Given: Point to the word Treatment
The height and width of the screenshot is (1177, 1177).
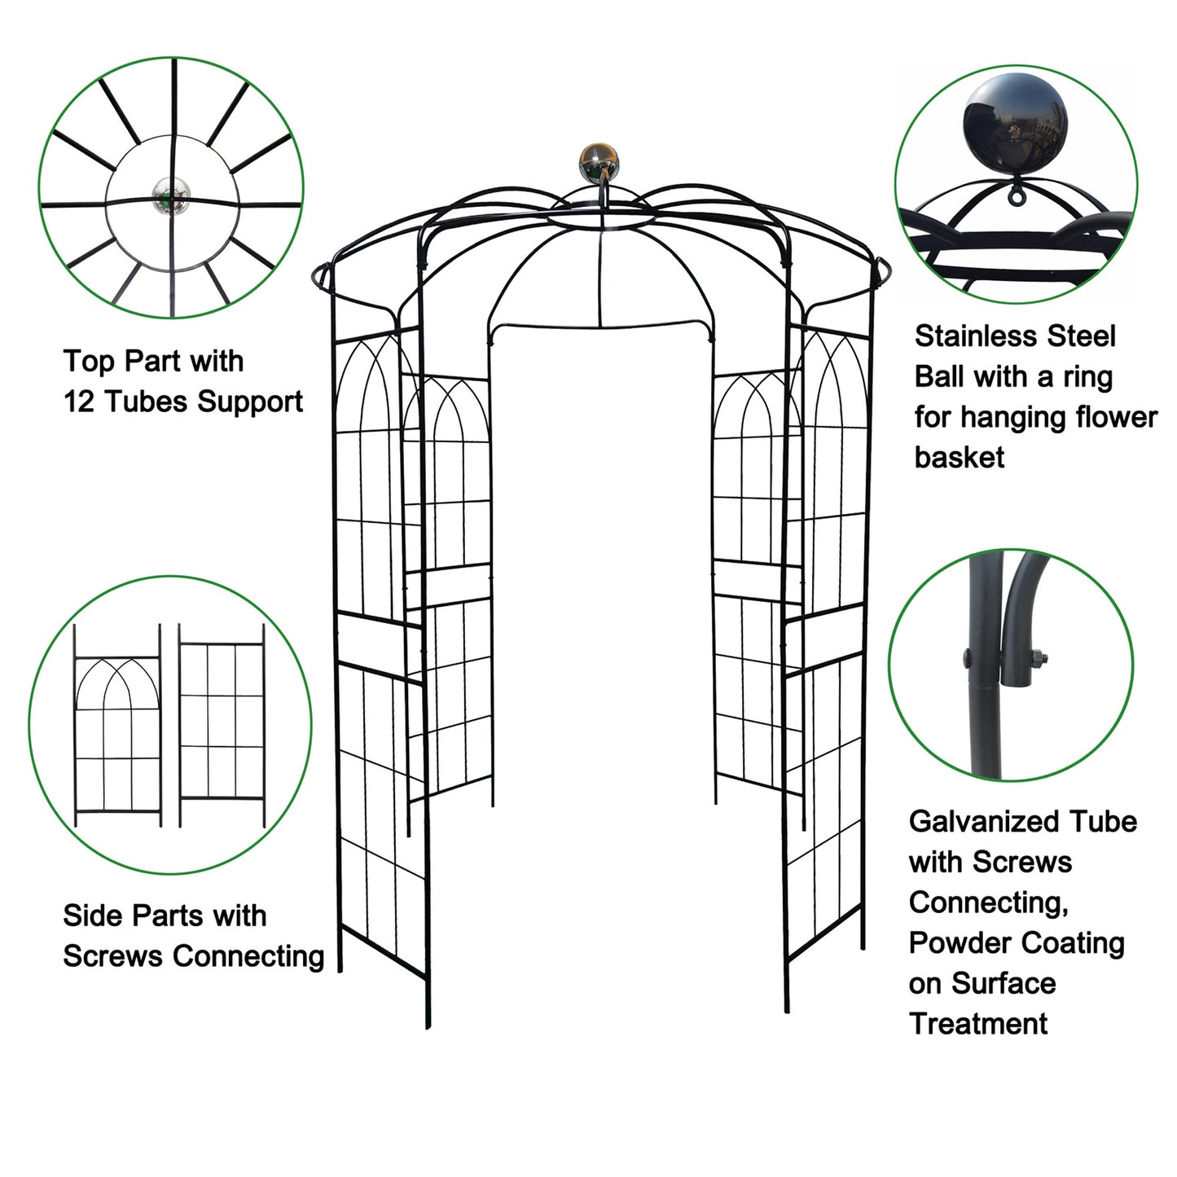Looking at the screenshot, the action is pos(978,1023).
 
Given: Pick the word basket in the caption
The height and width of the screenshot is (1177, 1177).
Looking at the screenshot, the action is pos(959,457).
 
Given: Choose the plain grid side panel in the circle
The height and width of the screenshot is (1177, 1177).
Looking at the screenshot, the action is pos(222,726).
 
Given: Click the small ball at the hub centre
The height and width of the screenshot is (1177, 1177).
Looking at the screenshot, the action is pos(171,196).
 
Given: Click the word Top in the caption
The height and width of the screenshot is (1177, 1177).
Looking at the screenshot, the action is pos(90,362).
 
